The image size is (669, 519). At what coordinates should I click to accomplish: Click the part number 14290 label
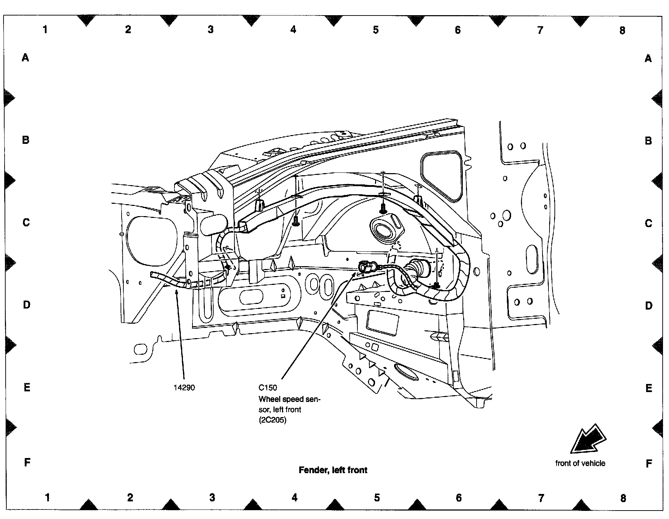tap(184, 388)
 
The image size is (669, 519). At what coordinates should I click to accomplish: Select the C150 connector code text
tap(268, 388)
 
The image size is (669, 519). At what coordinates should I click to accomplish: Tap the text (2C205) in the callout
tap(272, 421)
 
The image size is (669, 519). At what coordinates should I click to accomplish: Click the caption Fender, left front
tap(333, 470)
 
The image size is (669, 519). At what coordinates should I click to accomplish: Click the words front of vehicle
tap(580, 463)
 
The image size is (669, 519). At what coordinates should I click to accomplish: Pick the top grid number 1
tap(45, 30)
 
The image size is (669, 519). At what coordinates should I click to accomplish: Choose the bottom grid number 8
tap(623, 498)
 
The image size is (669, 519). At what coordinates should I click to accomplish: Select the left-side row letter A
tap(25, 57)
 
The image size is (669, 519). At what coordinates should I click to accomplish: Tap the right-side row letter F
tap(649, 464)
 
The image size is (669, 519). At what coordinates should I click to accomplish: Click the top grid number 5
tap(376, 30)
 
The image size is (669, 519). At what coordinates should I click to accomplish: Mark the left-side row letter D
tap(27, 305)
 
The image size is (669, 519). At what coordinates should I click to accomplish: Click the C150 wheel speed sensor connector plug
tap(365, 267)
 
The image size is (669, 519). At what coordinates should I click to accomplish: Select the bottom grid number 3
tap(212, 497)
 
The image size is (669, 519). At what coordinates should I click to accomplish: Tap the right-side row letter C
tap(649, 223)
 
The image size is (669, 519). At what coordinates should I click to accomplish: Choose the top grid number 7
tap(540, 30)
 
